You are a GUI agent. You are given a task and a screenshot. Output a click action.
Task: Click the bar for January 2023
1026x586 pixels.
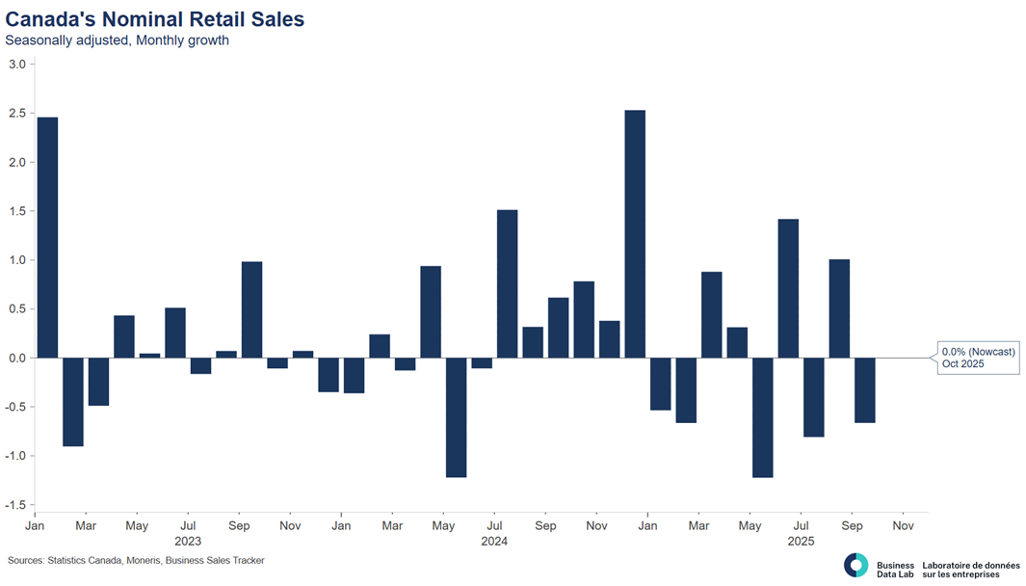47,237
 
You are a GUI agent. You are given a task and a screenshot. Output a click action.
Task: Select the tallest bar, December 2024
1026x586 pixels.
635,234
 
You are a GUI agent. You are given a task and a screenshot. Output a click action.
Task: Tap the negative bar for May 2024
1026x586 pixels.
456,417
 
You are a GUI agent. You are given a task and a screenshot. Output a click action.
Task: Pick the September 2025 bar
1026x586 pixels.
839,308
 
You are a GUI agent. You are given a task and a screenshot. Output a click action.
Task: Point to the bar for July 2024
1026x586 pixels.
507,283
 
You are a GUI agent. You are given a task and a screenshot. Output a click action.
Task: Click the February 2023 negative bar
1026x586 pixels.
73,402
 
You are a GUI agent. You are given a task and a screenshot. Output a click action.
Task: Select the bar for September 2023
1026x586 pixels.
251,309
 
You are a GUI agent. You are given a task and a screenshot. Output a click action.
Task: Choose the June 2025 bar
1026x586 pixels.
788,288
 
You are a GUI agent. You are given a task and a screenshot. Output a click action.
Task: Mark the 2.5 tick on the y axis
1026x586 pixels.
17,114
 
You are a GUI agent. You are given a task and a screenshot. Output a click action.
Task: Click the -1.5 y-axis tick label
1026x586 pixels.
15,505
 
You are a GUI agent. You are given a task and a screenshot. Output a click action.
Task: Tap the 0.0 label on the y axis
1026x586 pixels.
17,358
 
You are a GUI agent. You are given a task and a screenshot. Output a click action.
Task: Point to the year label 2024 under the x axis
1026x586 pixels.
494,542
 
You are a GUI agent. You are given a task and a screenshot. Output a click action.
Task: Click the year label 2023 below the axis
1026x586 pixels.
188,542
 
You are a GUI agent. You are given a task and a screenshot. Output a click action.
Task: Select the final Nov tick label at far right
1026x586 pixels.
903,526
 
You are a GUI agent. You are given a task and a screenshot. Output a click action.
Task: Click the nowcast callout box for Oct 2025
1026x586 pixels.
978,358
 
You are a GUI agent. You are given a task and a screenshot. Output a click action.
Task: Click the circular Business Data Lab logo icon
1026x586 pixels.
855,566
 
